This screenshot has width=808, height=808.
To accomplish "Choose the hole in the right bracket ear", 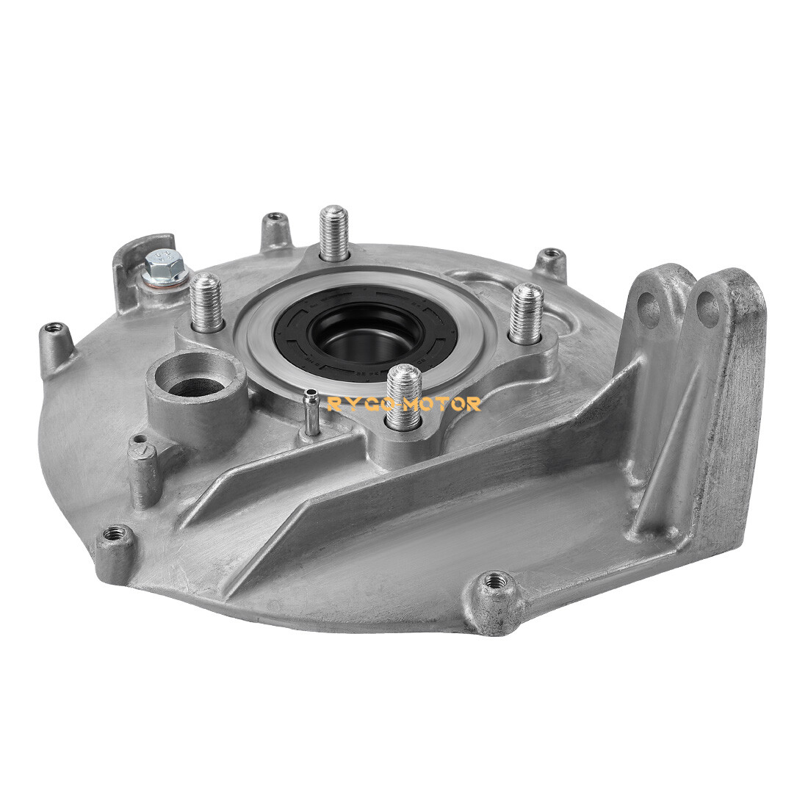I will [707, 309].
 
